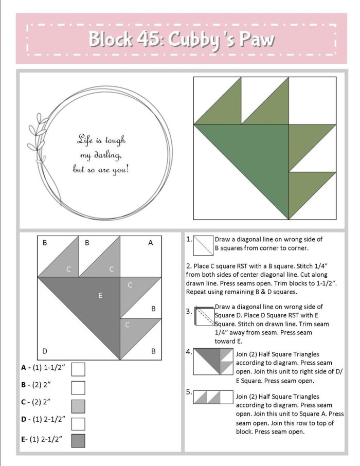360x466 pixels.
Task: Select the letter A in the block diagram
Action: click(x=151, y=243)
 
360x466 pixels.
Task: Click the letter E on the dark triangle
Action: click(x=100, y=295)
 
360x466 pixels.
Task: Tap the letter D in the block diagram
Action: click(x=45, y=351)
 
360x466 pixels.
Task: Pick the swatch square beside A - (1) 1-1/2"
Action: click(x=78, y=369)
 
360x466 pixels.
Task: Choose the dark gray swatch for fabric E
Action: click(x=78, y=441)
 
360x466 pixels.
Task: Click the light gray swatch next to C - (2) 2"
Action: click(x=78, y=405)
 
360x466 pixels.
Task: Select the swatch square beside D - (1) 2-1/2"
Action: click(x=78, y=423)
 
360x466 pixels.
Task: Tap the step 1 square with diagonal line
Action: click(x=203, y=245)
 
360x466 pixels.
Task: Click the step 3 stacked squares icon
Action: click(x=204, y=317)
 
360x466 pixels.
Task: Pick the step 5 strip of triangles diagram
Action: click(x=213, y=398)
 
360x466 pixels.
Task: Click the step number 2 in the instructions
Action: click(x=188, y=267)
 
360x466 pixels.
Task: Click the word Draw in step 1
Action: click(x=223, y=239)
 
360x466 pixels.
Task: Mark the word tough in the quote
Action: click(x=115, y=140)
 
